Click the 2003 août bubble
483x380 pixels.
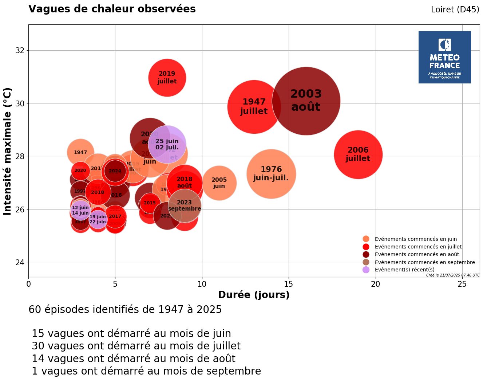pos(306,101)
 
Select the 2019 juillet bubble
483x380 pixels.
pos(167,78)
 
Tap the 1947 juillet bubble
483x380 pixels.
pos(254,107)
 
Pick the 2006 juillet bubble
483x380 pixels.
pos(358,154)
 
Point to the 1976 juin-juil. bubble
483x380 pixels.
pos(271,174)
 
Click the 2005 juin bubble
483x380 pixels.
pos(219,183)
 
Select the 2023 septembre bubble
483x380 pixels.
pos(185,205)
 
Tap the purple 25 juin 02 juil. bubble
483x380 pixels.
pos(167,144)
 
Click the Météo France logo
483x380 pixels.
pos(444,57)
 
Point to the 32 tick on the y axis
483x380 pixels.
pos(20,50)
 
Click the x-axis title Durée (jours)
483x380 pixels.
pos(254,295)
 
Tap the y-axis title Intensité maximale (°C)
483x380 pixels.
pos(8,151)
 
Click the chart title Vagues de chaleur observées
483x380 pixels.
pos(112,9)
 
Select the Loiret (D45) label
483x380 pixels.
pos(455,10)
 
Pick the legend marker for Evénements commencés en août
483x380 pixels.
pos(366,254)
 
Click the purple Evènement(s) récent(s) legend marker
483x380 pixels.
pos(366,270)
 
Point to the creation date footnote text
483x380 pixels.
pos(453,275)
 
